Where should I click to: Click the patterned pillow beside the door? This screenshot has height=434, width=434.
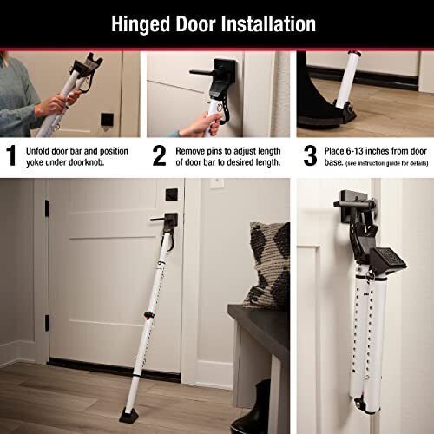[269, 260]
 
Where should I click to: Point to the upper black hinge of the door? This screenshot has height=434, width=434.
[46, 208]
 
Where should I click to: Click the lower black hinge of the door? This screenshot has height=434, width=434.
[46, 323]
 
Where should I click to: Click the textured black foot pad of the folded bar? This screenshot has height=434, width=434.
[385, 257]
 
